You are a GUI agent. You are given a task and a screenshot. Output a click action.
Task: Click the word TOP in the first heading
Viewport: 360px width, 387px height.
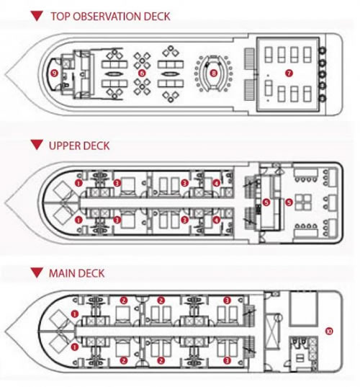60,17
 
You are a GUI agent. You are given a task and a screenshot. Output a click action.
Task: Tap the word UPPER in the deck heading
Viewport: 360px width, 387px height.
65,146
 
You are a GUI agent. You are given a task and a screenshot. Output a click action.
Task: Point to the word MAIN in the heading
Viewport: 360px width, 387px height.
62,273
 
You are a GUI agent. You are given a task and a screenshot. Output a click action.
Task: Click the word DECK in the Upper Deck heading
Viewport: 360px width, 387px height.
96,146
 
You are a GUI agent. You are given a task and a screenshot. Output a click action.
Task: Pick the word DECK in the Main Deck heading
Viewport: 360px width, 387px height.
91,273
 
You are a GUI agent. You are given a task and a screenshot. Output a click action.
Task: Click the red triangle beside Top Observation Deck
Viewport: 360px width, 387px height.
37,16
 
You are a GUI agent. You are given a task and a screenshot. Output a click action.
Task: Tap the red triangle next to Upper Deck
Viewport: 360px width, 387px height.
37,145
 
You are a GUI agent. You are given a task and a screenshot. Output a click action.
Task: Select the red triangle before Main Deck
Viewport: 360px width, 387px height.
37,272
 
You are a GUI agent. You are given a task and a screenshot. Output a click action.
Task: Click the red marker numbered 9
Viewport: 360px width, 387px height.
54,73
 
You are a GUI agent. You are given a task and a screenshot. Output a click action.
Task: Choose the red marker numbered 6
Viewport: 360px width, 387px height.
142,73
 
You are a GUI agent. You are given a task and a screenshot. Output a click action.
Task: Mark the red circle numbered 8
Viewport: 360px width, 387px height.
214,73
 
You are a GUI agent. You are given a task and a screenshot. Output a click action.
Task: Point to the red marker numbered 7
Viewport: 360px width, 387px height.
289,73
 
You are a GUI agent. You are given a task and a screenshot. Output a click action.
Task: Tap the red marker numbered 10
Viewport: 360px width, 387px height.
329,331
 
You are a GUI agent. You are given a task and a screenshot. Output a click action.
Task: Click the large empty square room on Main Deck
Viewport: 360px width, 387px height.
303,308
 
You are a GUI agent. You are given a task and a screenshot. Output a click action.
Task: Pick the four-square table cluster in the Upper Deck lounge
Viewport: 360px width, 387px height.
304,203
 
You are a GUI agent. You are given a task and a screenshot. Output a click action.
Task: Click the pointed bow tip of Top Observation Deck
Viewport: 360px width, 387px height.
6,74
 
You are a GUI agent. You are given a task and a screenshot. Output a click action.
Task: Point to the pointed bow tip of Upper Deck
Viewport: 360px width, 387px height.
6,203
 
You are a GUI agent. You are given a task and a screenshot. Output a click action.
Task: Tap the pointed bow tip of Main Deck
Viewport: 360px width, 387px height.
6,331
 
